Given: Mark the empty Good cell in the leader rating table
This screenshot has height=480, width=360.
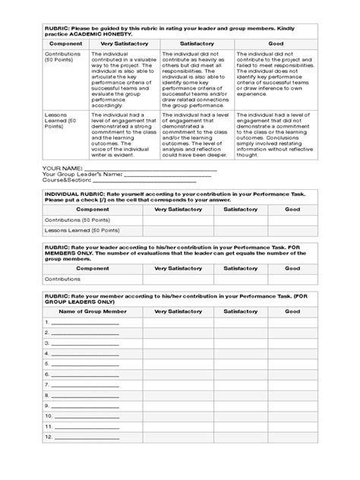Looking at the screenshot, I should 292,279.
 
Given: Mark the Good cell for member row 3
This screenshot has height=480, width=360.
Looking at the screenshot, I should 292,343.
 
